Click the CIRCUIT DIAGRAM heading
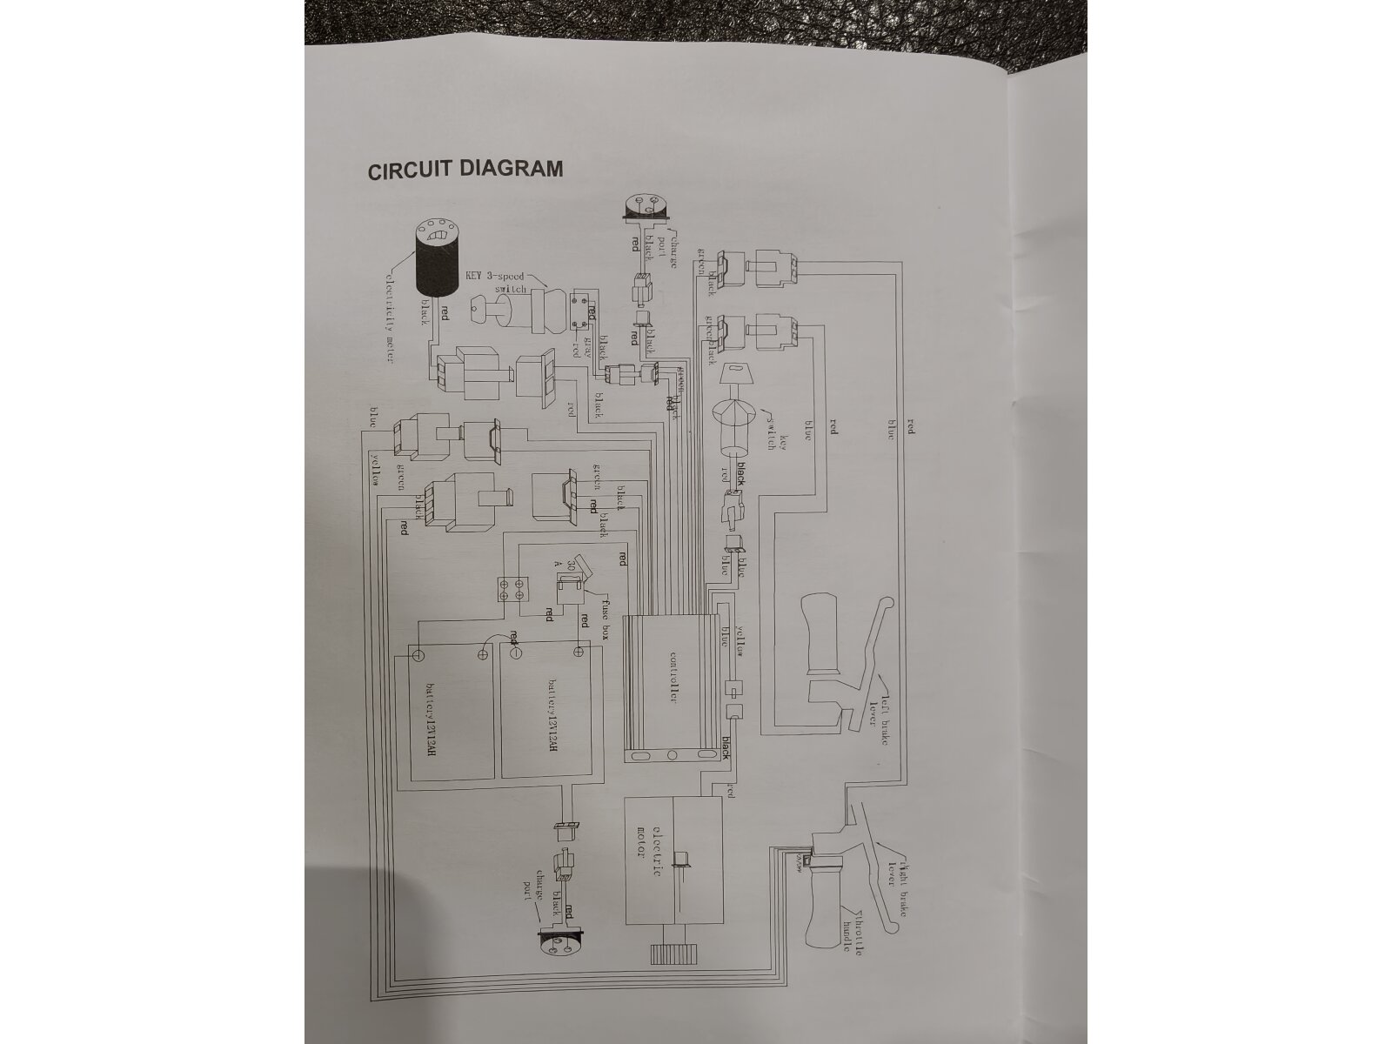tap(465, 169)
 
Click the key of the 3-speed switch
tap(492, 311)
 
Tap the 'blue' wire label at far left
tap(373, 418)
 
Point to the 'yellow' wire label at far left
tap(376, 470)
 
